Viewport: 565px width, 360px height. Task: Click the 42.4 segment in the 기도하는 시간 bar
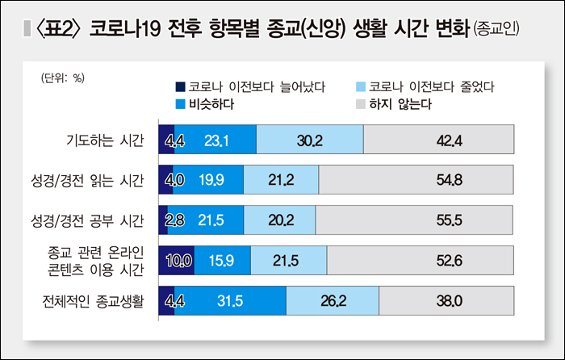pos(438,140)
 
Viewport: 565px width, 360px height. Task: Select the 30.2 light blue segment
pos(309,140)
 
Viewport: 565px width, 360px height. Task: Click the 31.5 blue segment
pos(230,300)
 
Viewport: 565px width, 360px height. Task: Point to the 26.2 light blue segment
pos(332,300)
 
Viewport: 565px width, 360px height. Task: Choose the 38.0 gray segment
pos(446,300)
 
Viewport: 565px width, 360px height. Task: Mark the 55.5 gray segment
pos(414,219)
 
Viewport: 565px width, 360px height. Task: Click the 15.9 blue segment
pos(223,259)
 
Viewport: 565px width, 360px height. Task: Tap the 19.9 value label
pos(208,179)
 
